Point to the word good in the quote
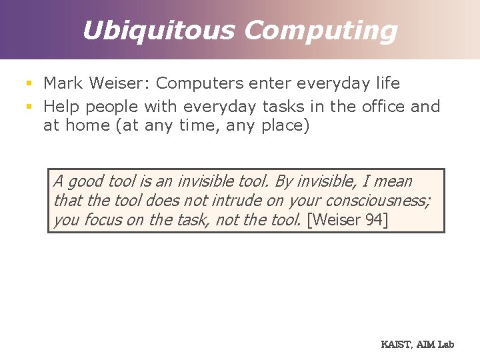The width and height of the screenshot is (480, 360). tap(85, 182)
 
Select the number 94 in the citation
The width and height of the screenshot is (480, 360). tap(373, 220)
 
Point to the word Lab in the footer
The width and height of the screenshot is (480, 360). tap(445, 345)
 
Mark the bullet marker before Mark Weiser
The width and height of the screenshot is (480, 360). tap(29, 84)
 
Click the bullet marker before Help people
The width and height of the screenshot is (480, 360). tap(29, 107)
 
